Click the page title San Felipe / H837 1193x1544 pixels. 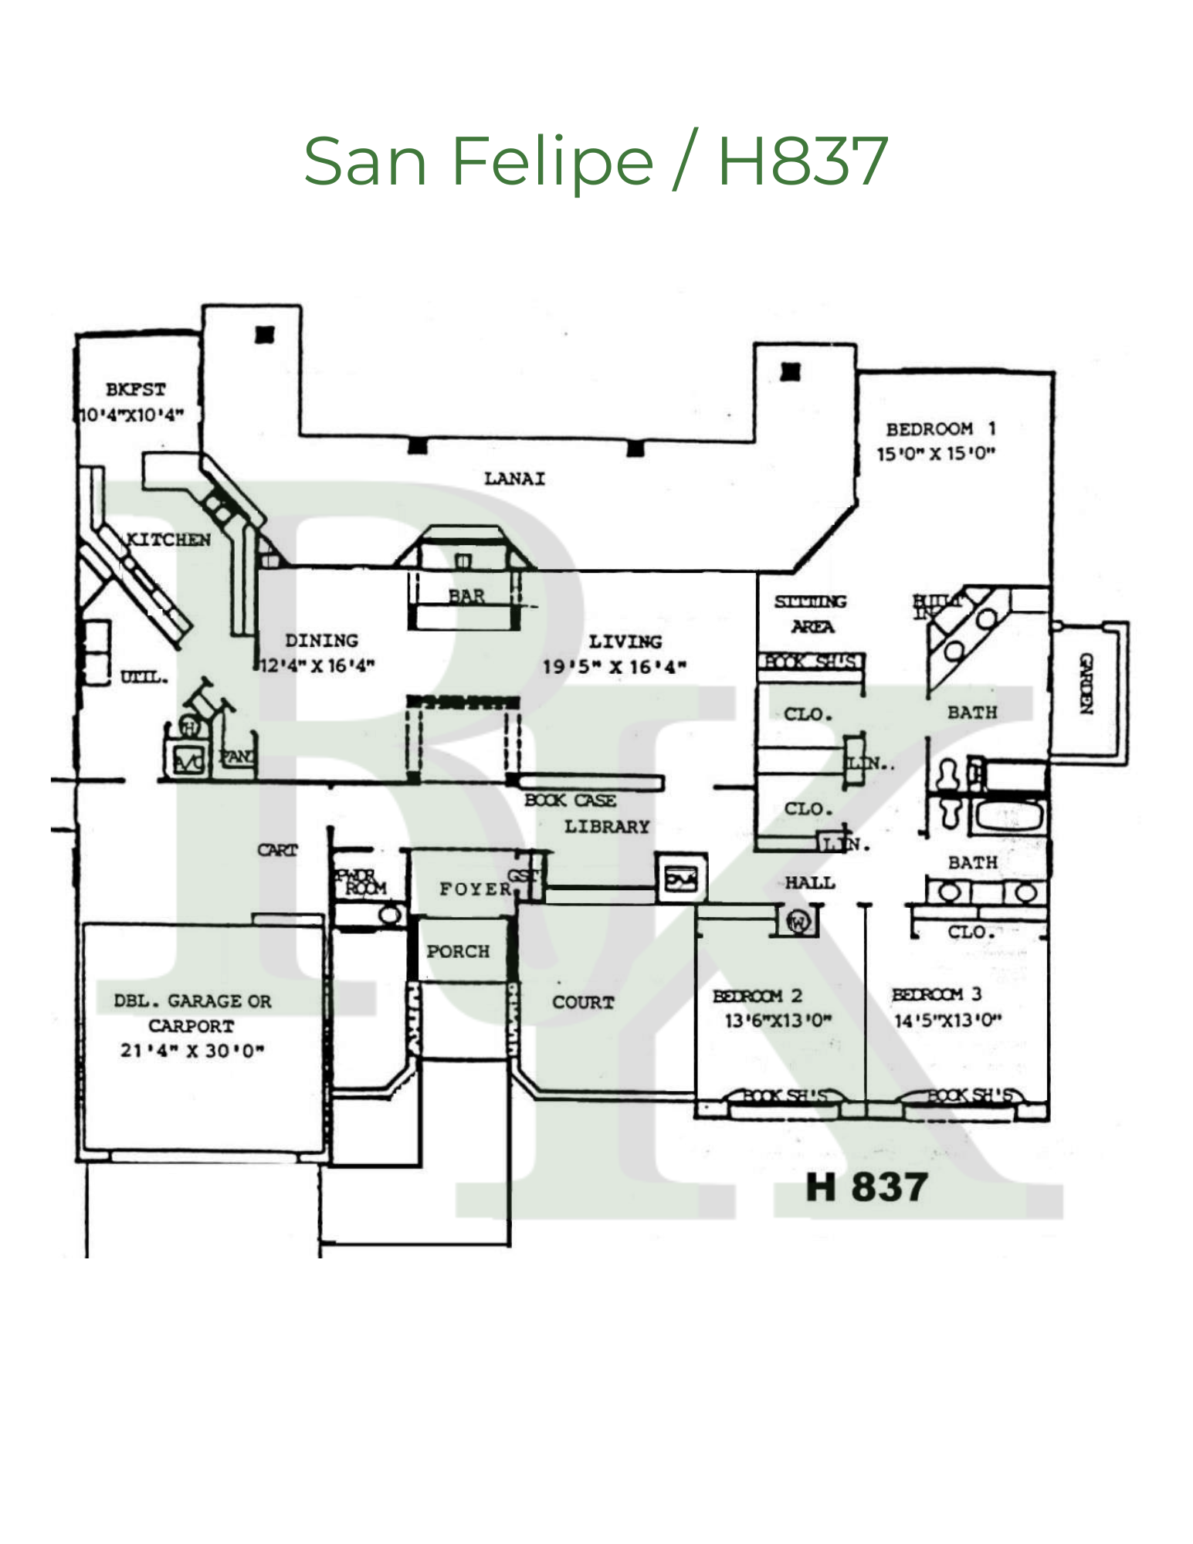click(x=595, y=161)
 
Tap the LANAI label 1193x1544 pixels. click(x=514, y=479)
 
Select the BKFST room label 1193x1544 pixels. click(x=136, y=389)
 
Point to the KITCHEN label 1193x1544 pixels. click(x=168, y=540)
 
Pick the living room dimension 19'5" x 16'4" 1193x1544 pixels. click(x=615, y=666)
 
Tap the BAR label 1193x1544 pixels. click(x=466, y=596)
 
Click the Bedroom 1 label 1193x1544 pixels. click(x=941, y=428)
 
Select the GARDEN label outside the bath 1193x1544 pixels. click(x=1086, y=683)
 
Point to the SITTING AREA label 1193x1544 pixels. click(x=811, y=614)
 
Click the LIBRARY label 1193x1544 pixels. click(x=607, y=827)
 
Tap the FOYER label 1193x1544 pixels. click(x=476, y=889)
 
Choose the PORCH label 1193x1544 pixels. click(x=458, y=951)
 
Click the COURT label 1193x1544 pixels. click(x=583, y=1002)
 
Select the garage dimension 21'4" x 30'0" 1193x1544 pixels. click(x=192, y=1051)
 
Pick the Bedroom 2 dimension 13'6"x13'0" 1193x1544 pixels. click(x=778, y=1021)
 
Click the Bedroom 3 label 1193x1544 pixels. click(x=937, y=994)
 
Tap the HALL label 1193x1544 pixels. click(x=810, y=882)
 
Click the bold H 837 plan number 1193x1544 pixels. click(x=866, y=1187)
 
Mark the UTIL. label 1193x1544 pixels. click(x=144, y=677)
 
